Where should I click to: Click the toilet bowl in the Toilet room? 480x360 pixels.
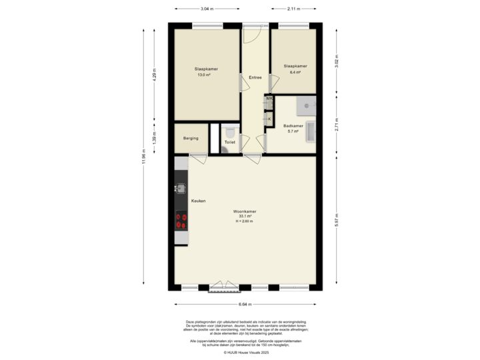coord(229,131)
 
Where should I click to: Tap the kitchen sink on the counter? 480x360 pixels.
coord(181,189)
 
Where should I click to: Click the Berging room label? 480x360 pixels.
coord(191,140)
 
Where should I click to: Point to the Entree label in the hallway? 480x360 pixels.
coord(255,78)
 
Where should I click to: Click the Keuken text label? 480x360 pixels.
coord(198,201)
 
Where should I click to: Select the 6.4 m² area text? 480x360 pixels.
coord(295,72)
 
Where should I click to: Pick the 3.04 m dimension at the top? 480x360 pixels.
coord(207,9)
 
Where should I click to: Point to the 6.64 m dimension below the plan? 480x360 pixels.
coord(245,305)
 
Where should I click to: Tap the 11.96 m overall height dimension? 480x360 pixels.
coord(143,157)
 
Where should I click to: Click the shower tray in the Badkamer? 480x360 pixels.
coord(307,105)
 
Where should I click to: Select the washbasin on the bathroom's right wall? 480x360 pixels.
coord(310,131)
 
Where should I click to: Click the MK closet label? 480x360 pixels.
coord(269,99)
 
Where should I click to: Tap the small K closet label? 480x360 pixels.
coord(269,119)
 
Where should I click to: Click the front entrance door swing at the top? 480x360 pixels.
coord(251,33)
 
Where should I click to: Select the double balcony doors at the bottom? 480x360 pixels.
coord(223,287)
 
